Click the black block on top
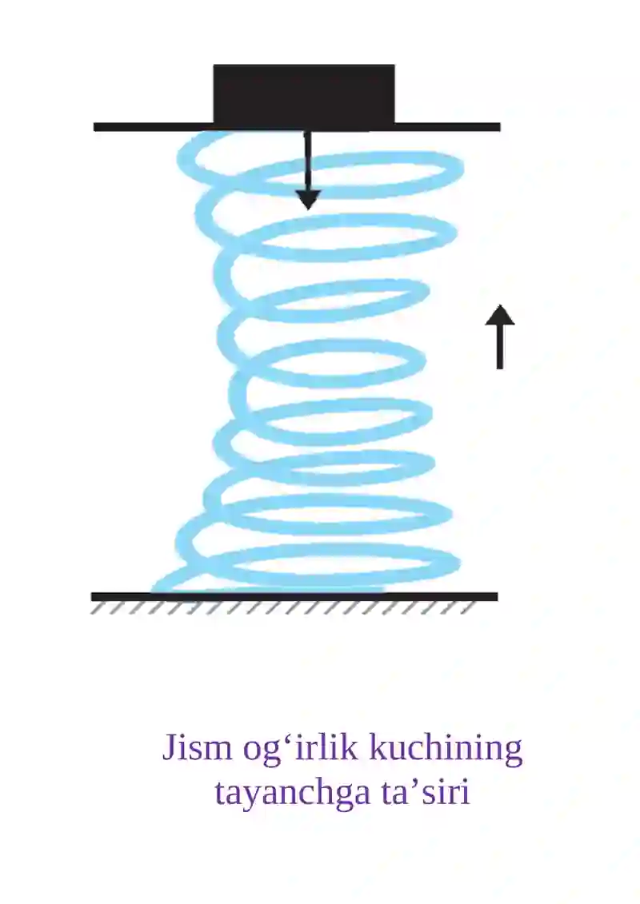304,94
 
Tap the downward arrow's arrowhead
308,200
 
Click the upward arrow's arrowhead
500,316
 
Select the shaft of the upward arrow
500,347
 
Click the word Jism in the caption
197,748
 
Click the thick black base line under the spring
294,597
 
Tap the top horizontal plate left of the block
154,127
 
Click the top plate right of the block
448,127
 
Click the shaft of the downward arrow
308,161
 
